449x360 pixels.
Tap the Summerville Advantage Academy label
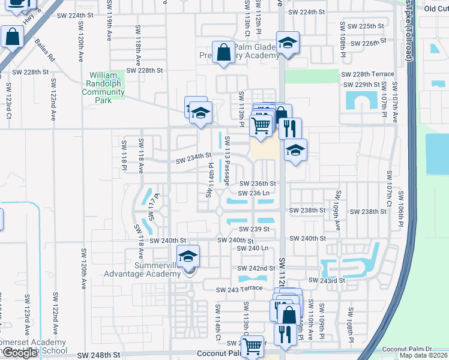pyautogui.click(x=142, y=270)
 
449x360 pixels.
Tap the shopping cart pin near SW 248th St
pyautogui.click(x=252, y=346)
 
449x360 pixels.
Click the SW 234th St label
pyautogui.click(x=194, y=159)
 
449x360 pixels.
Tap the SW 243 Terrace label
pyautogui.click(x=241, y=290)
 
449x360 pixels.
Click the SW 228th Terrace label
pyautogui.click(x=367, y=74)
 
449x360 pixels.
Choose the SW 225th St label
pyautogui.click(x=361, y=26)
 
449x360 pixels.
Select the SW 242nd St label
pyautogui.click(x=256, y=268)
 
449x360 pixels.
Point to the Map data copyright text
pyautogui.click(x=424, y=355)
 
